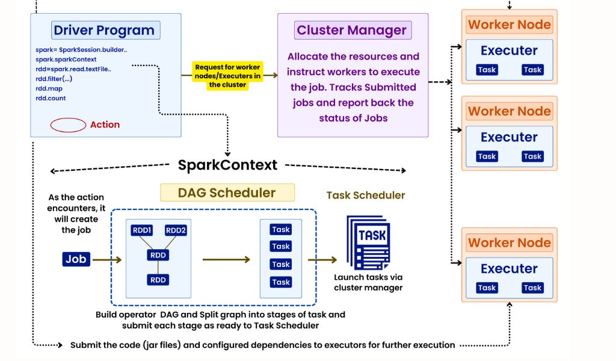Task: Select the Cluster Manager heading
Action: [352, 30]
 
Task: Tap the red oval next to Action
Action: [68, 125]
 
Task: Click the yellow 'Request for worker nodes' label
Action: [228, 76]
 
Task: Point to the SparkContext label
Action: [227, 165]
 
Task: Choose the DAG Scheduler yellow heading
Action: [227, 193]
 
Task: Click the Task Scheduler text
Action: [366, 196]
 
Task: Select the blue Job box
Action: [76, 259]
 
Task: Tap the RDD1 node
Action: [143, 230]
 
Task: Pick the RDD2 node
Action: [176, 230]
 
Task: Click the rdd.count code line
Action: [51, 98]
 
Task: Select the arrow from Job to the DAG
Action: [106, 260]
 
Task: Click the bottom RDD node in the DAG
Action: [158, 280]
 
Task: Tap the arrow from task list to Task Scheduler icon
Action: [322, 260]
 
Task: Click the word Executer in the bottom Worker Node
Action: [509, 269]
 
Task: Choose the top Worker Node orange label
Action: [509, 25]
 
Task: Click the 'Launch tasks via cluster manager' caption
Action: [368, 282]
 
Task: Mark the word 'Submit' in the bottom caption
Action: [86, 345]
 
